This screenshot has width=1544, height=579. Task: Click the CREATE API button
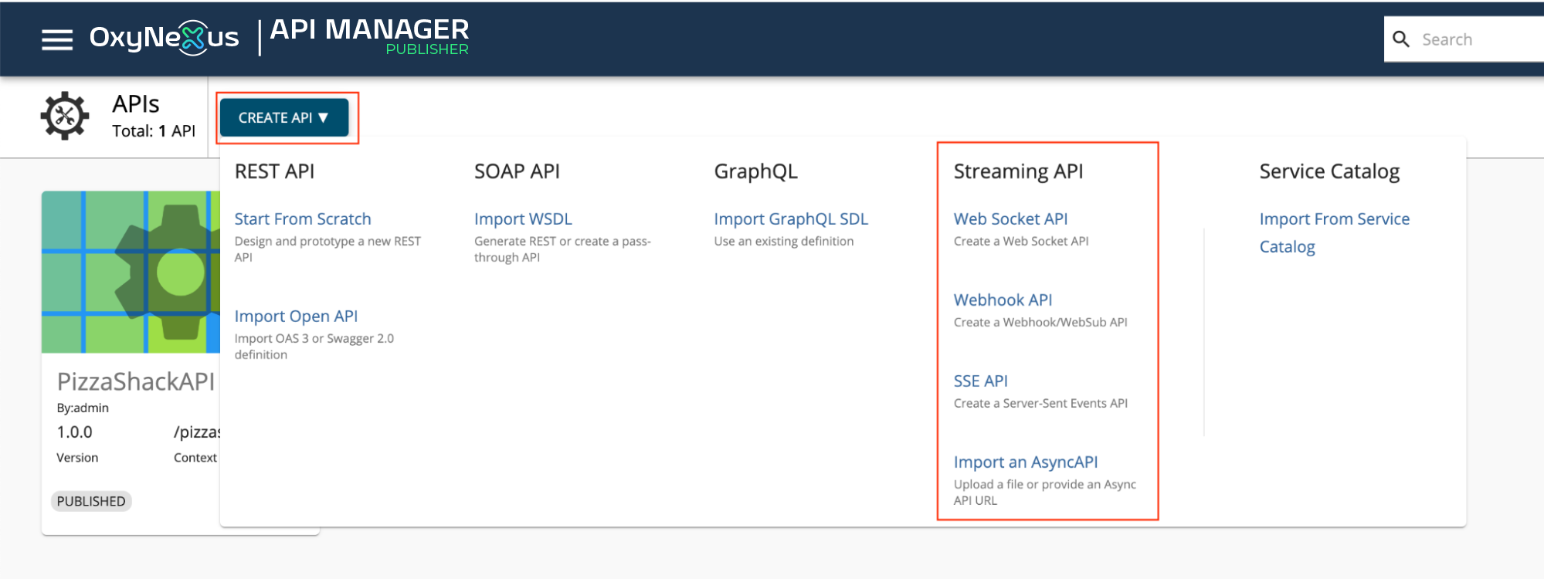[x=284, y=117]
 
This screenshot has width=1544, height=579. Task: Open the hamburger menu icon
[x=57, y=39]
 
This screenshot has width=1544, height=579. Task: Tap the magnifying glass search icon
[x=1401, y=39]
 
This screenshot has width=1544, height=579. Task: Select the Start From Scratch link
[x=303, y=219]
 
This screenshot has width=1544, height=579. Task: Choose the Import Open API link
[x=296, y=317]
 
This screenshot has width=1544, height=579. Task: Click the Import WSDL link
[x=523, y=219]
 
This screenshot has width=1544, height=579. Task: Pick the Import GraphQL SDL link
[x=791, y=219]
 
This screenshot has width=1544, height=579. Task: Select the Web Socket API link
[x=1010, y=219]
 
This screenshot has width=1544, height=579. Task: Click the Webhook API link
[x=1003, y=300]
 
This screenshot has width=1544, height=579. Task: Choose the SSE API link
[x=980, y=381]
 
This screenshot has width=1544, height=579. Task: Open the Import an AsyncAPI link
[x=1026, y=462]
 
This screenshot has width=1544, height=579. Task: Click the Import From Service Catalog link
[x=1334, y=233]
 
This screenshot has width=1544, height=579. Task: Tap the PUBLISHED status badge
[x=91, y=501]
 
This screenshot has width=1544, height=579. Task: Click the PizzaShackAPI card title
[x=136, y=381]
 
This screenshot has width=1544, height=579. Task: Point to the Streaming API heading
[x=1018, y=171]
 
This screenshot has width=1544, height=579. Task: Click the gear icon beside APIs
[x=65, y=116]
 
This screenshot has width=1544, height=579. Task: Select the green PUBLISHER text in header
[x=427, y=49]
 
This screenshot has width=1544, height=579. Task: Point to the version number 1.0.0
[x=74, y=432]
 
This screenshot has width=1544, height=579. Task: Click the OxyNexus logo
[x=164, y=37]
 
